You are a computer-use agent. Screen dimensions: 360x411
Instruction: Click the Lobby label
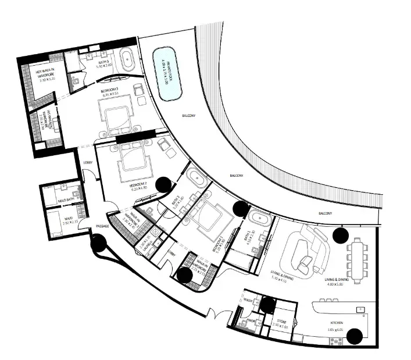(88, 162)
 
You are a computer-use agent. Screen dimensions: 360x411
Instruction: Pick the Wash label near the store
(248, 301)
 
